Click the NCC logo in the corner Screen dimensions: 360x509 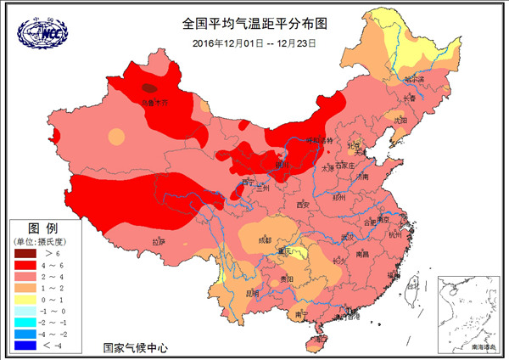(x=41, y=31)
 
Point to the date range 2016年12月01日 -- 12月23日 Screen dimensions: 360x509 (x=254, y=42)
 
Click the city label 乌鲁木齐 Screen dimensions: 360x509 (x=154, y=103)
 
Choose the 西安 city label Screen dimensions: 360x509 (x=305, y=205)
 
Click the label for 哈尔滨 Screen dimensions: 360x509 (x=416, y=79)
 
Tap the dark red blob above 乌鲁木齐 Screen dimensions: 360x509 (x=149, y=87)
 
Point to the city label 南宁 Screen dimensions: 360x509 (x=303, y=313)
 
